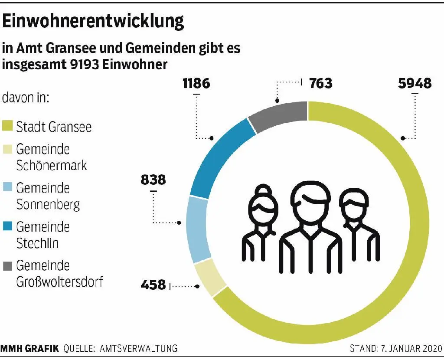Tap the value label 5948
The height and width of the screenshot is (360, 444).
click(x=415, y=83)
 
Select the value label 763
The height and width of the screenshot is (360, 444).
click(x=321, y=83)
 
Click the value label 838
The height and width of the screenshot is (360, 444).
click(x=153, y=179)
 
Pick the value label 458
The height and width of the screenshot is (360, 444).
click(x=153, y=285)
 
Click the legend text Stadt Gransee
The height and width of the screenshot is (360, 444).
click(x=54, y=127)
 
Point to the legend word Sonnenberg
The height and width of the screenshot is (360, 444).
click(x=48, y=204)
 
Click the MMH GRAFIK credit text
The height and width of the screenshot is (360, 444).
click(x=30, y=348)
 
